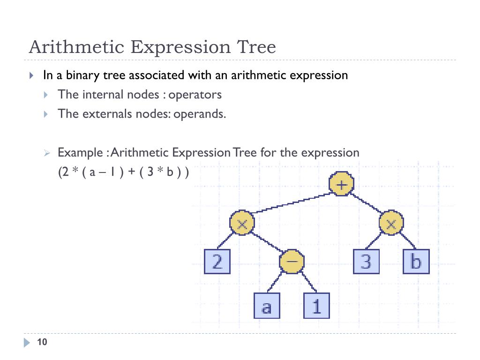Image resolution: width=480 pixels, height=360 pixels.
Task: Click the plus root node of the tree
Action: coord(341,184)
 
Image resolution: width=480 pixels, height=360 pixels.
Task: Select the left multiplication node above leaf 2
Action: coord(242,224)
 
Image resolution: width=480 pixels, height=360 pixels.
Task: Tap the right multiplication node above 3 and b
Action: coord(391,224)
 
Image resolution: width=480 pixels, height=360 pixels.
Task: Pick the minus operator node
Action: coord(292,262)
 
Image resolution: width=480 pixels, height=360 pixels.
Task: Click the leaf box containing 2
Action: coord(217,262)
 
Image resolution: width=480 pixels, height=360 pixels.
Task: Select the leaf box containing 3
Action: coord(366,262)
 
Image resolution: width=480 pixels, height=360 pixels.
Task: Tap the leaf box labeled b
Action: coord(416,262)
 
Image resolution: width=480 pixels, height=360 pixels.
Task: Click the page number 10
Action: coord(42,342)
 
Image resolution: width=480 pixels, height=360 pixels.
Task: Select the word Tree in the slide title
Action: coord(256,47)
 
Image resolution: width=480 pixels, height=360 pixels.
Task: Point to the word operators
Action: coord(195,95)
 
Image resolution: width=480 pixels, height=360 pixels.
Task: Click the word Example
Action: coord(80,153)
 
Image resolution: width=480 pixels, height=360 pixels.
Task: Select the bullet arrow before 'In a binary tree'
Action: coord(31,75)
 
